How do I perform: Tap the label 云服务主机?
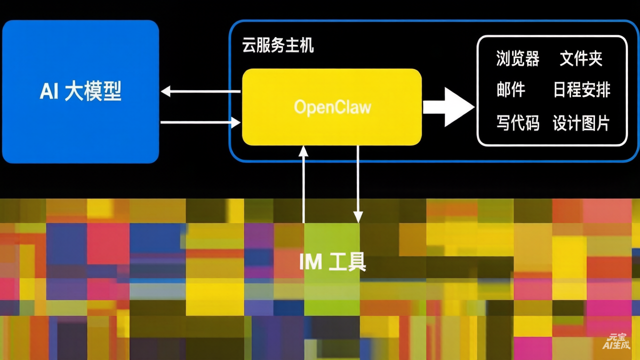[x=278, y=46]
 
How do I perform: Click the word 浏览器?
[x=517, y=59]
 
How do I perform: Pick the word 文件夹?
[x=581, y=59]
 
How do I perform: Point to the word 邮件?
[x=510, y=90]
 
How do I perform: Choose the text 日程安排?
[x=581, y=90]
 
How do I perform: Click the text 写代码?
[x=517, y=122]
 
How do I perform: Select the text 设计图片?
[x=581, y=122]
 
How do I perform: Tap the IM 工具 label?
[x=332, y=261]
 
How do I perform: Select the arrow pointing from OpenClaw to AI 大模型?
[x=200, y=91]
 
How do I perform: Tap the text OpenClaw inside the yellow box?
[x=332, y=107]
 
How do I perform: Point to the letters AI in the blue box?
[x=49, y=92]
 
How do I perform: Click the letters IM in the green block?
[x=310, y=261]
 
